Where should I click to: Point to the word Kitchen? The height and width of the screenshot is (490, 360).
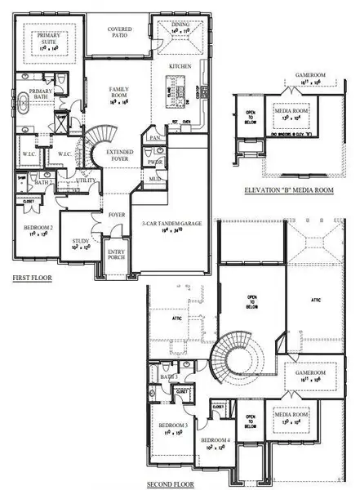tap(180, 65)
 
